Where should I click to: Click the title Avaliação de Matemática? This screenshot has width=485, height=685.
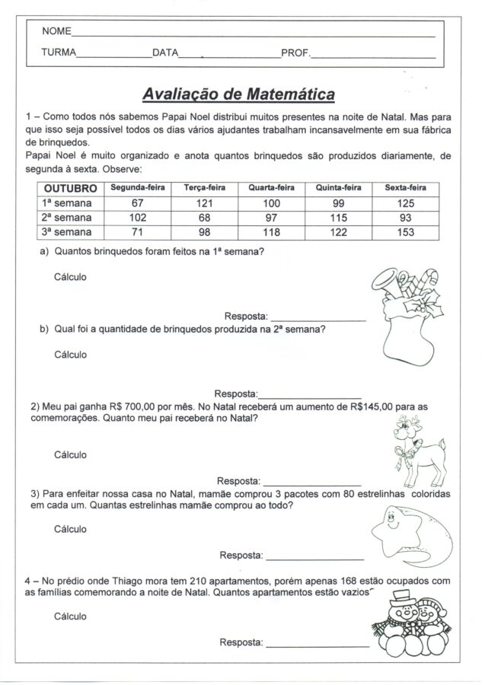(x=238, y=95)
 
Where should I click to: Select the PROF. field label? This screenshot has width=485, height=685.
(x=295, y=53)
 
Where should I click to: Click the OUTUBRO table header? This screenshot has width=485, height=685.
(x=69, y=188)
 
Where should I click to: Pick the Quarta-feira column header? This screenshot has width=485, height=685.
(x=272, y=188)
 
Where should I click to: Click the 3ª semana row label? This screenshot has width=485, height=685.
(x=68, y=231)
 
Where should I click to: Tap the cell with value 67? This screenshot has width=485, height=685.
(x=137, y=203)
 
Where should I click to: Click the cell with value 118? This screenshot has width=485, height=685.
(x=272, y=231)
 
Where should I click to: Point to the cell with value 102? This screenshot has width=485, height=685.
(x=137, y=218)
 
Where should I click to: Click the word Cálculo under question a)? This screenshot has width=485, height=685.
(x=70, y=277)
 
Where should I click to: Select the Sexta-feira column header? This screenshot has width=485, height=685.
(x=405, y=188)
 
